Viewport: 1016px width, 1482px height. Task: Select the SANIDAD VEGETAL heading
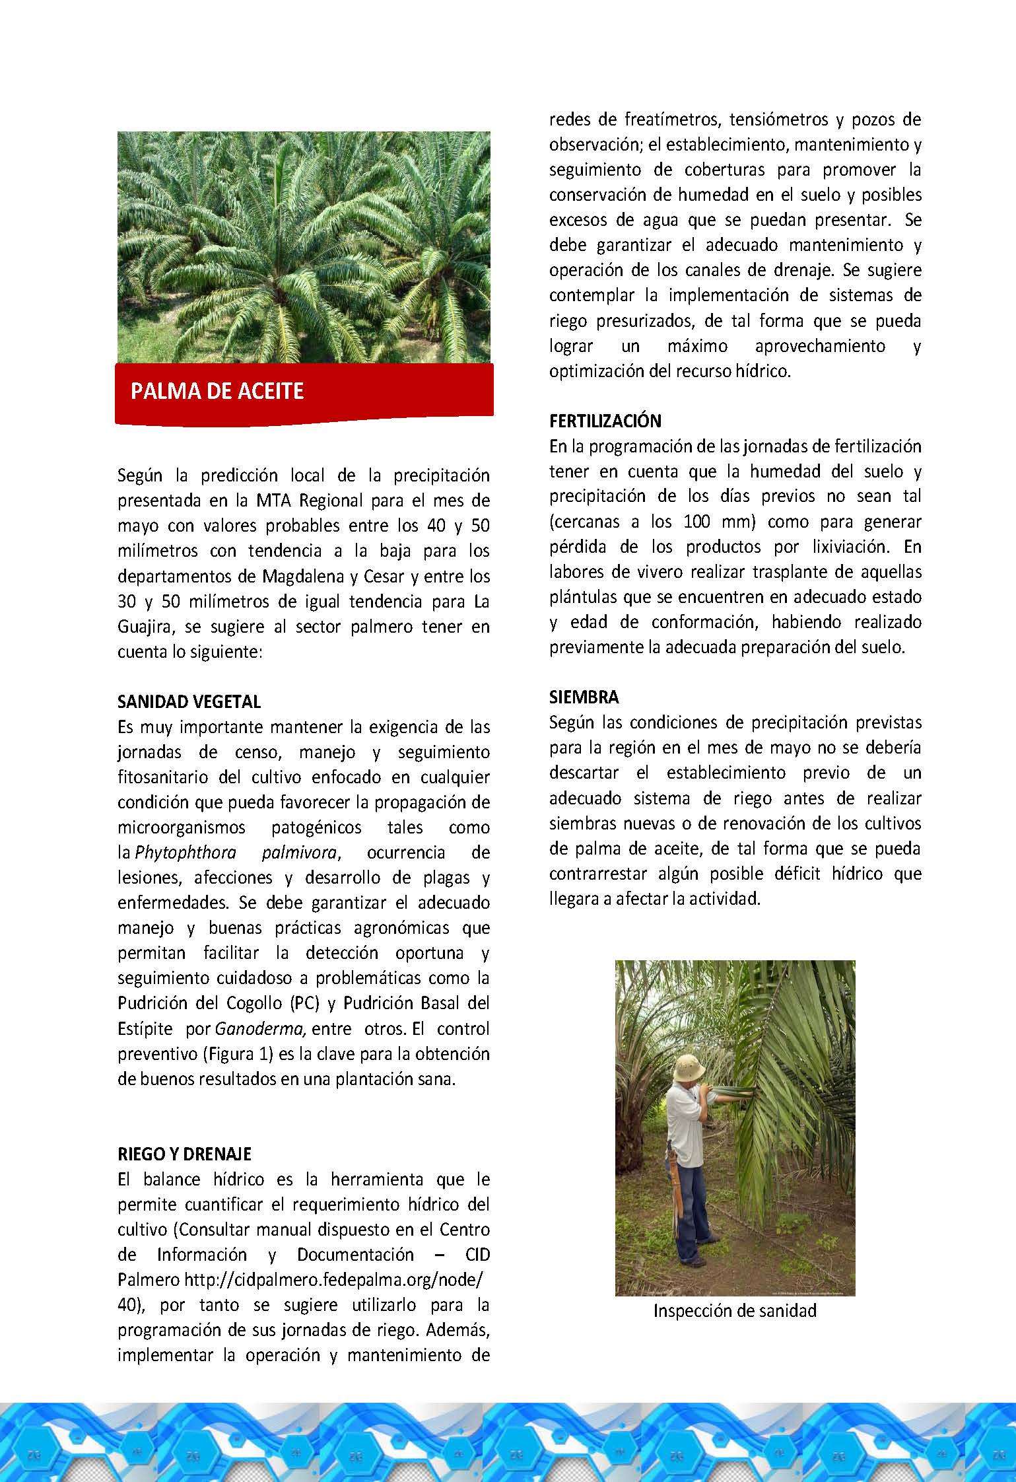[189, 701]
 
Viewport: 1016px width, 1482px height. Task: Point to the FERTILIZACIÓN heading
[605, 421]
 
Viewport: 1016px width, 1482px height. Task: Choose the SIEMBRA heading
[584, 697]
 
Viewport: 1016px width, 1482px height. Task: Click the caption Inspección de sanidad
[735, 1310]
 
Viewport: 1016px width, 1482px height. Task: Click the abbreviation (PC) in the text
[304, 1003]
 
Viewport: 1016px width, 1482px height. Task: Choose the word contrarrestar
[598, 874]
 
